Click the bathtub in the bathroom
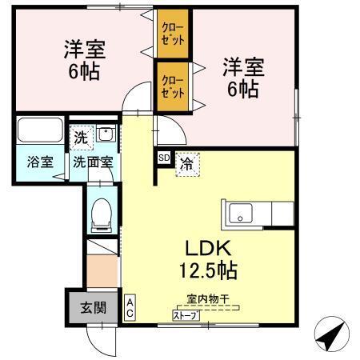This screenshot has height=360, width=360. [40, 130]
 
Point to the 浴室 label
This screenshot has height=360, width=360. [41, 161]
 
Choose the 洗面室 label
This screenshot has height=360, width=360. [94, 161]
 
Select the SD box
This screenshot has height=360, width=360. [163, 158]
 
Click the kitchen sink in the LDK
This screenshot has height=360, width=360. [239, 214]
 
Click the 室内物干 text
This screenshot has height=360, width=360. [207, 299]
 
